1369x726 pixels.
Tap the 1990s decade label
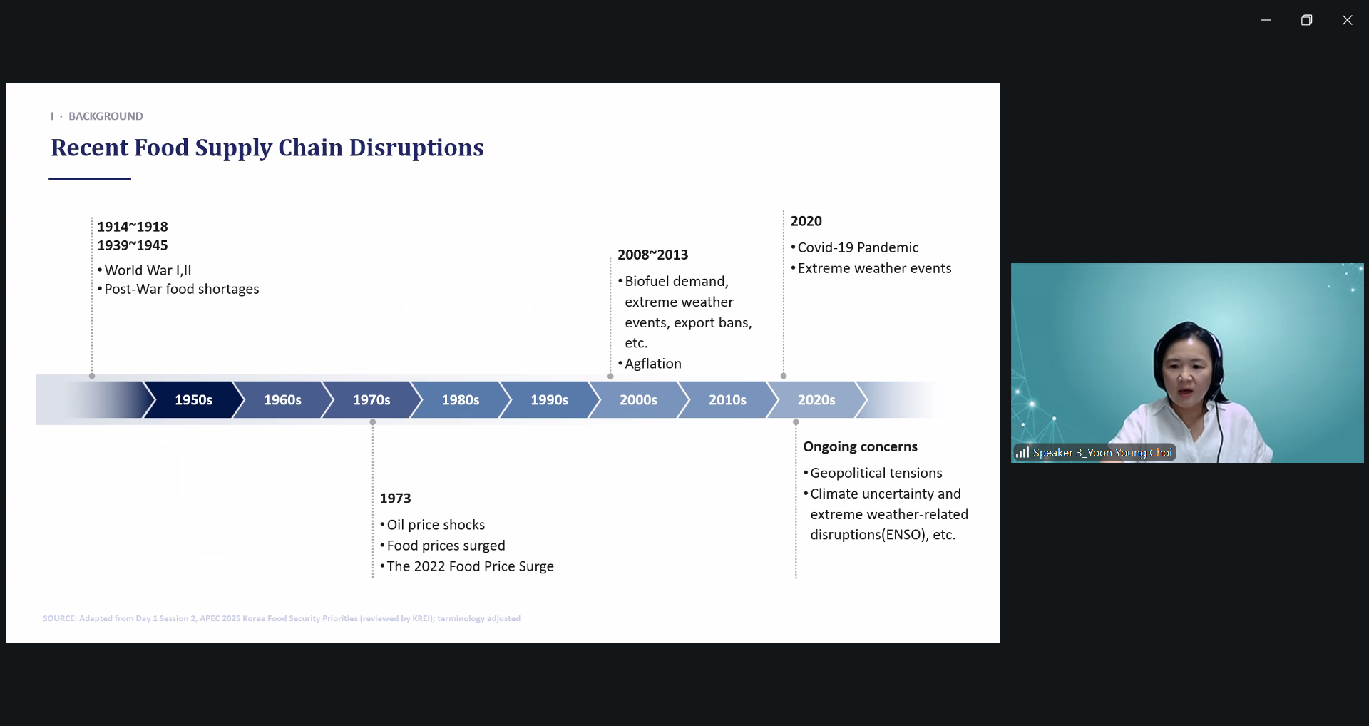pyautogui.click(x=549, y=400)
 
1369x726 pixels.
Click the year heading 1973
pyautogui.click(x=395, y=499)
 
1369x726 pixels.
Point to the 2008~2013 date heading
pyautogui.click(x=652, y=255)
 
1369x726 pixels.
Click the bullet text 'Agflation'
pyautogui.click(x=653, y=364)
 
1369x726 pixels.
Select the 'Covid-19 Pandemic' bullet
pyautogui.click(x=858, y=247)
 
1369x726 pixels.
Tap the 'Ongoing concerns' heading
pyautogui.click(x=860, y=446)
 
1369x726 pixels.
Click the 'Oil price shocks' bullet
pyautogui.click(x=436, y=525)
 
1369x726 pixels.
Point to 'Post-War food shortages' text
pyautogui.click(x=182, y=289)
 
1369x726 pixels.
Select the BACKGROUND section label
pyautogui.click(x=106, y=116)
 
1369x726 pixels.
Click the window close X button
pyautogui.click(x=1347, y=20)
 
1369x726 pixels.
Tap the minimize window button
pyautogui.click(x=1266, y=20)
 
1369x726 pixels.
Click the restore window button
pyautogui.click(x=1306, y=20)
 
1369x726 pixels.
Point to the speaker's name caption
pyautogui.click(x=1102, y=453)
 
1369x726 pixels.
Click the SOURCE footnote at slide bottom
pyautogui.click(x=282, y=618)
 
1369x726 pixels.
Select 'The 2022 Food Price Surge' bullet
pyautogui.click(x=470, y=566)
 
